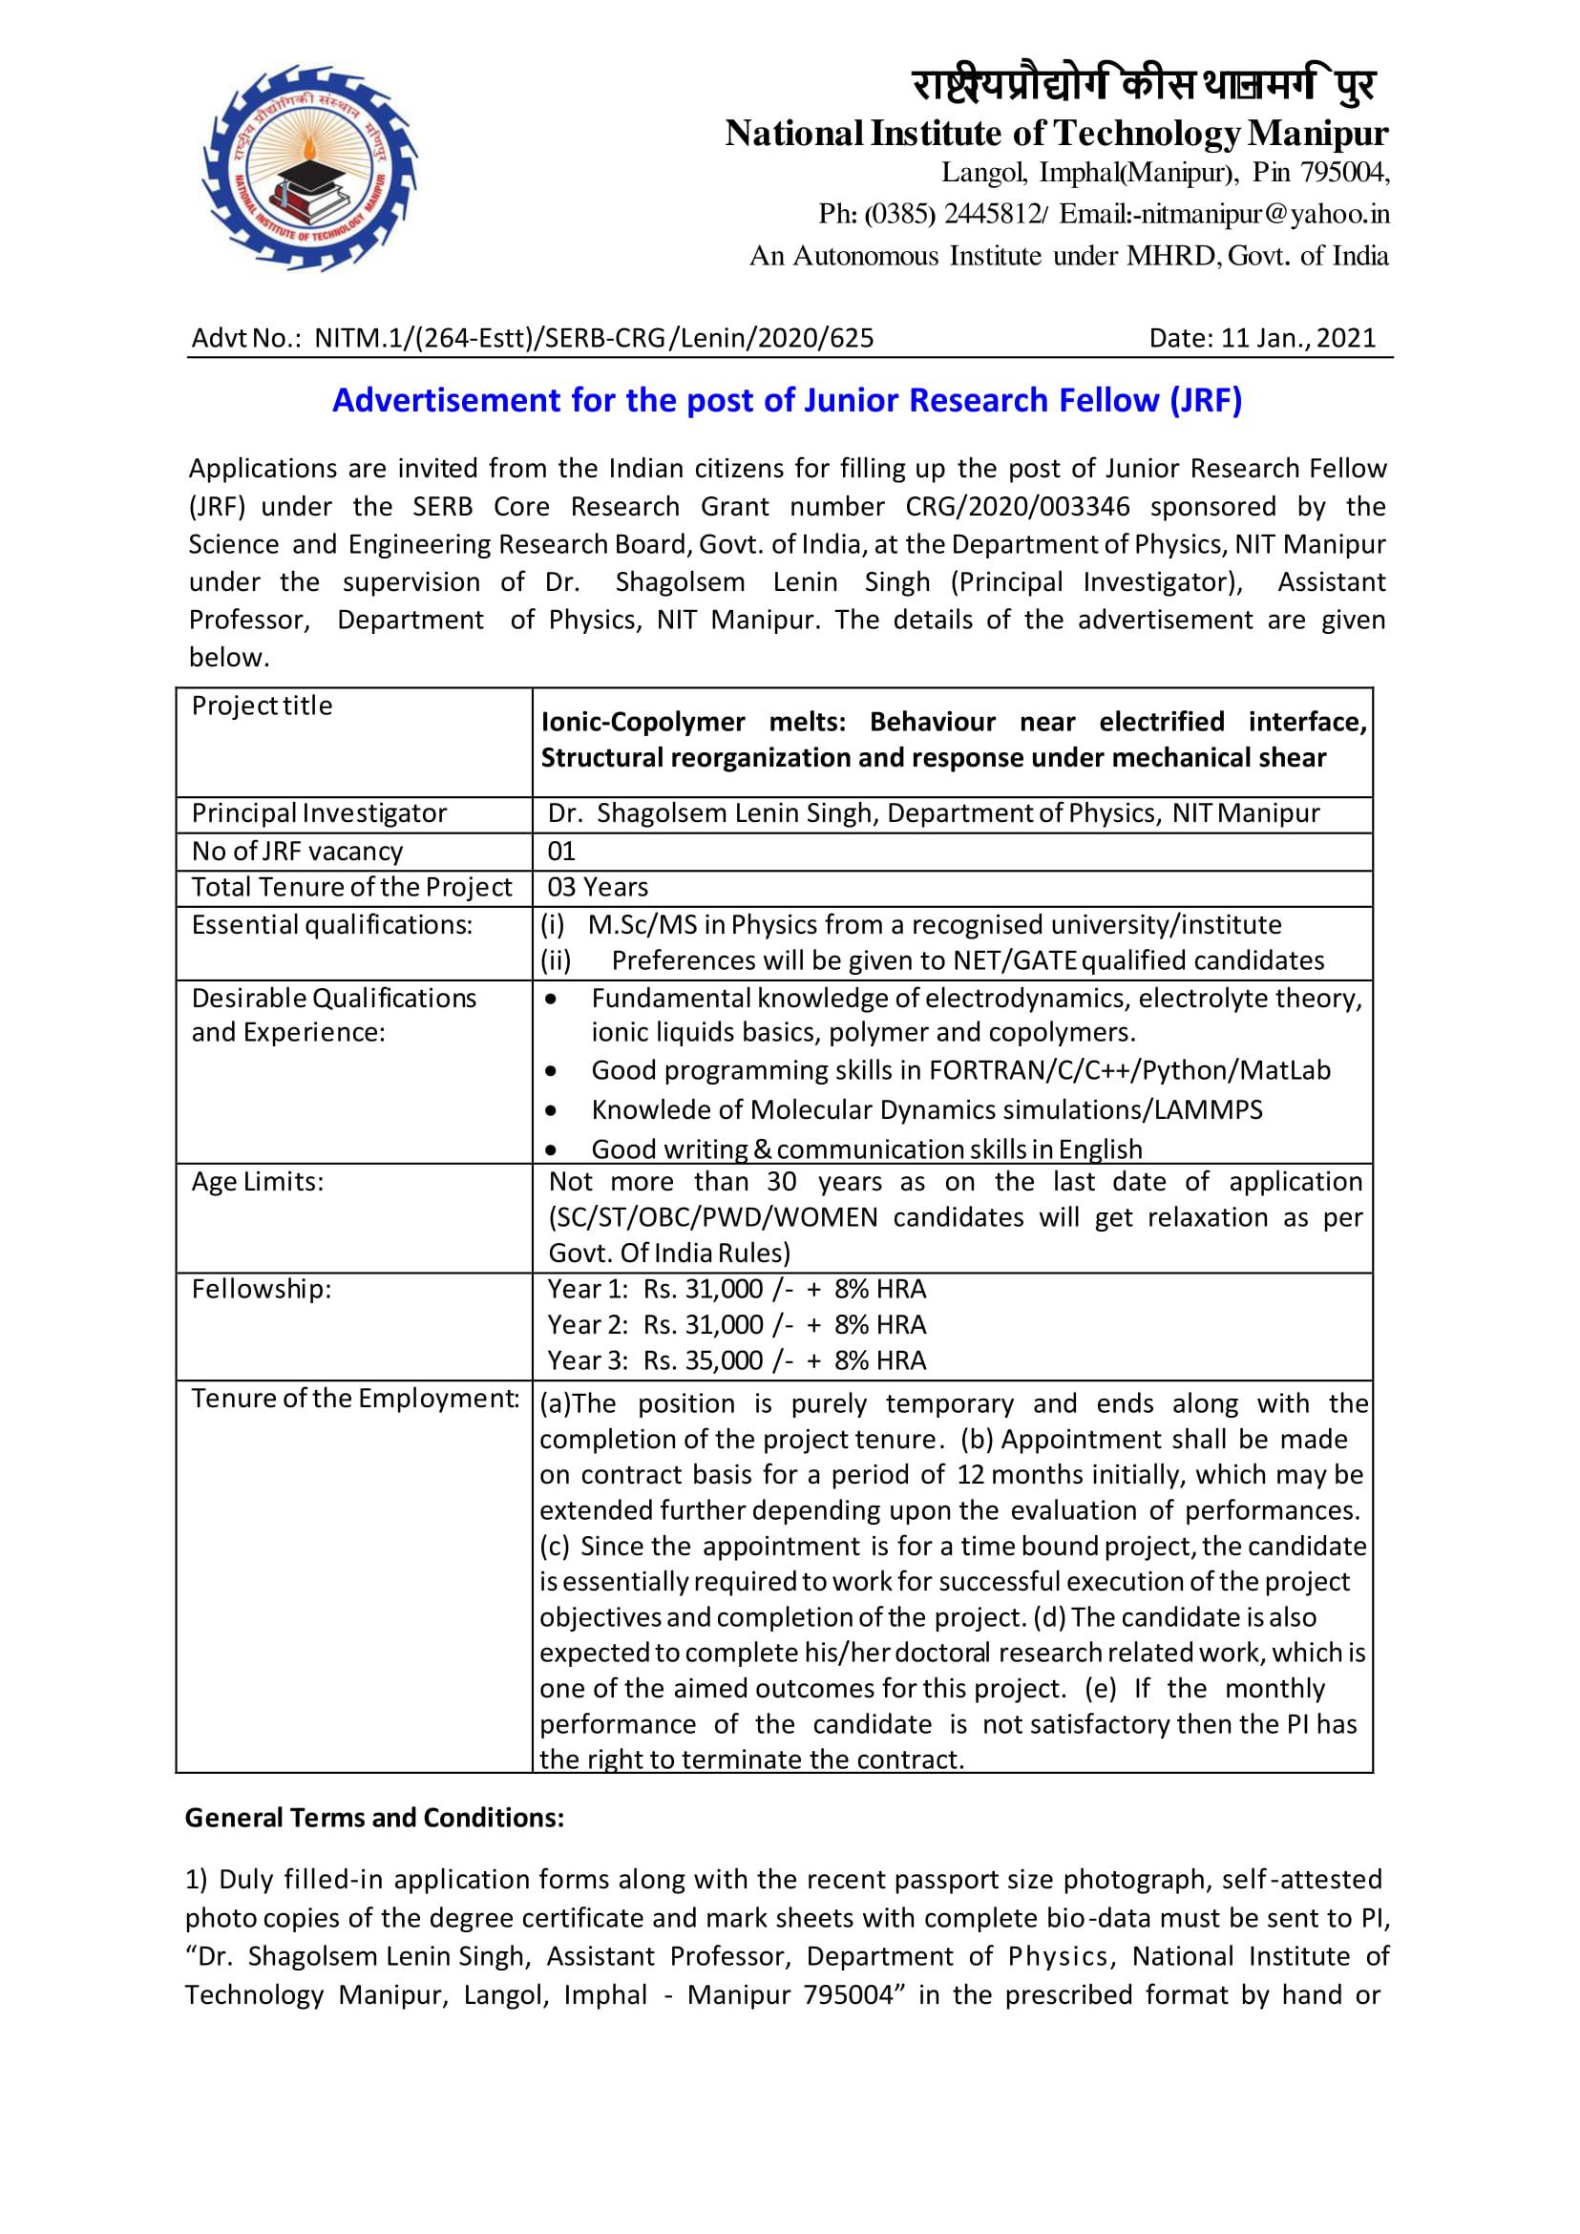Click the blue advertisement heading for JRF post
787,400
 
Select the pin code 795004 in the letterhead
1342,173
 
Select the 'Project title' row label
262,706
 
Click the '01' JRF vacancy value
561,852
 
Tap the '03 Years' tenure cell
598,887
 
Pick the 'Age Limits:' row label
257,1181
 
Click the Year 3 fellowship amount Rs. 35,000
704,1360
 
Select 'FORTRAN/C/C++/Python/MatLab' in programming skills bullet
1128,1070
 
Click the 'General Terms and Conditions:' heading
374,1818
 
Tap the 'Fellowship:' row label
261,1289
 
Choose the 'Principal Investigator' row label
319,813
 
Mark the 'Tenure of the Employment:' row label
355,1399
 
